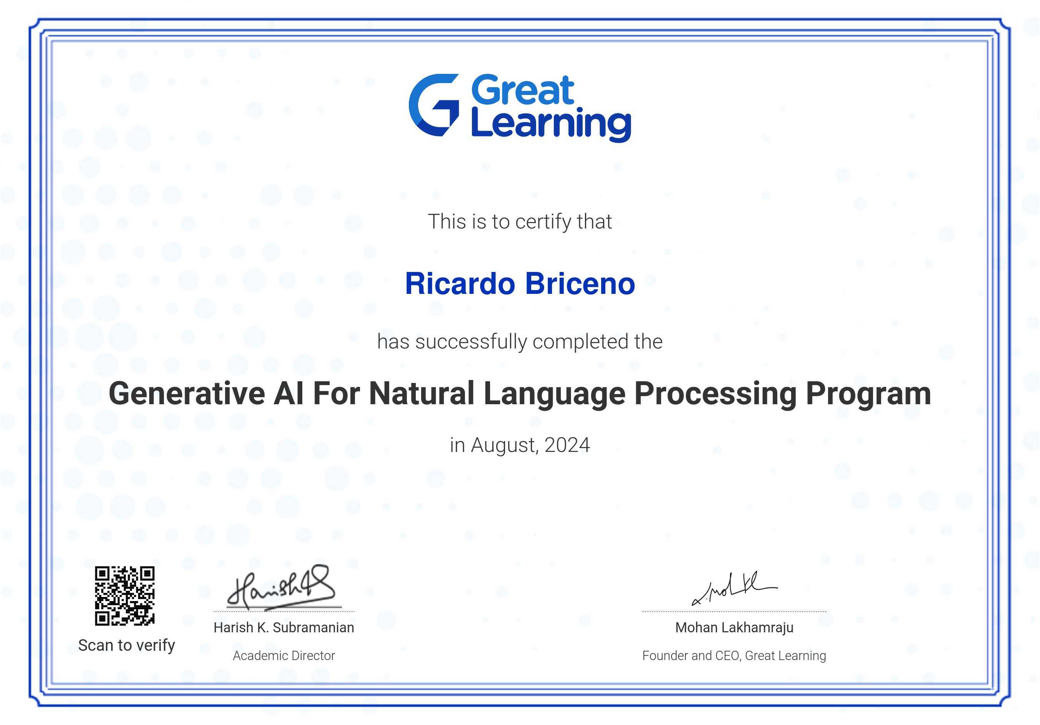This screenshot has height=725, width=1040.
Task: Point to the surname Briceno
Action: [581, 283]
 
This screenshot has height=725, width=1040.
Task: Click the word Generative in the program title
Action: [187, 393]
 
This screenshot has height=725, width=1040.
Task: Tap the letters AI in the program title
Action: [288, 393]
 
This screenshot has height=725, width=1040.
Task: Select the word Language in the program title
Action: [555, 394]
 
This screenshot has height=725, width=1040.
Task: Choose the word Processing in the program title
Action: [715, 394]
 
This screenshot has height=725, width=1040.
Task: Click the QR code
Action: [125, 595]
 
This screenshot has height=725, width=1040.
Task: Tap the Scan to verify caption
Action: [127, 645]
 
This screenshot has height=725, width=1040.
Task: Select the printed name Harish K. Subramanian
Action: [283, 628]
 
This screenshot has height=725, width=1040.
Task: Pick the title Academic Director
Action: [283, 656]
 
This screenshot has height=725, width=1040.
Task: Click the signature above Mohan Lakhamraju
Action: [734, 589]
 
